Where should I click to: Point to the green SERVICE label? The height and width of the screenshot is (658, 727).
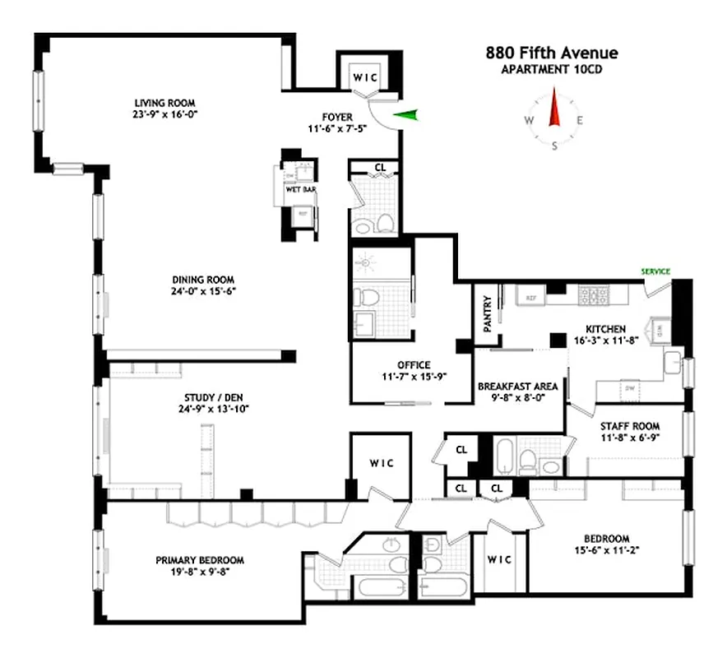click(x=655, y=271)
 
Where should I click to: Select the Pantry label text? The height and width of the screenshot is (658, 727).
click(x=487, y=313)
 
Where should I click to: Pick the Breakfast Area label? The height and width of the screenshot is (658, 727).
click(x=518, y=386)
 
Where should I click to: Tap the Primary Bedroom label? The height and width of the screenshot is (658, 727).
click(x=200, y=560)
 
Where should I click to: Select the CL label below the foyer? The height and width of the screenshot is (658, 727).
click(x=380, y=167)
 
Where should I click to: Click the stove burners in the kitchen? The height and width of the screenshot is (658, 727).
click(x=594, y=293)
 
